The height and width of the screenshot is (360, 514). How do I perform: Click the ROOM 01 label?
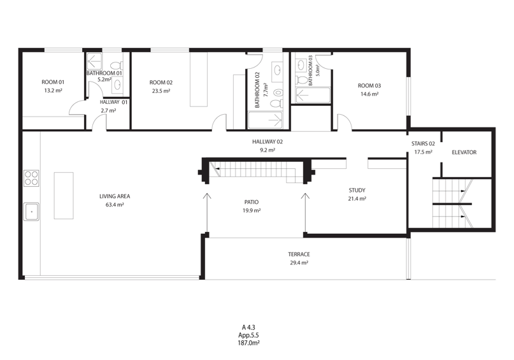point(53,82)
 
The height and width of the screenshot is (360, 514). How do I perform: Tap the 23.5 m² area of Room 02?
point(161,91)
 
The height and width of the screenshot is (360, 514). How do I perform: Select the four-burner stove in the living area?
point(31,178)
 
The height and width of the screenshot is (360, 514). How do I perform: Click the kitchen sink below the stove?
point(31,212)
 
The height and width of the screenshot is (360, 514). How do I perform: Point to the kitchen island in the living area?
point(64,196)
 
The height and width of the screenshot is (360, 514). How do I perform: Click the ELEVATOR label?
point(464,152)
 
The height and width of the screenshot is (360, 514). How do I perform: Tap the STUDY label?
point(357,190)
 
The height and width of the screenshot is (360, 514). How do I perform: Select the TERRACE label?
point(299,254)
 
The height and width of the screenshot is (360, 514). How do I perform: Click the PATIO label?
point(252,202)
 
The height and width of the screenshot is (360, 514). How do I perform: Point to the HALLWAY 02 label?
point(268,141)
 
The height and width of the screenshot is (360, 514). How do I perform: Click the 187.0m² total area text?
point(249,343)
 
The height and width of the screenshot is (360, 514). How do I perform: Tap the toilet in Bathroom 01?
point(115,65)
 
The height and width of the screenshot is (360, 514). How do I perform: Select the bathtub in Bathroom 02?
point(265,120)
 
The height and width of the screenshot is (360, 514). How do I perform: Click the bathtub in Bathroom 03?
point(313,95)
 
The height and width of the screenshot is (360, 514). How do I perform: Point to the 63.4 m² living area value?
point(115,205)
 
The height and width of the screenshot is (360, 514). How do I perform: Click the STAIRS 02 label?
point(423,143)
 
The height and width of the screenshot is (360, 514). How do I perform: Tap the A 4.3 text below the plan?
point(248,328)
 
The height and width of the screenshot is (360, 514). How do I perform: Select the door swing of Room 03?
point(345,122)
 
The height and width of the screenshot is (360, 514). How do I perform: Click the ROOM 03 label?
point(369,85)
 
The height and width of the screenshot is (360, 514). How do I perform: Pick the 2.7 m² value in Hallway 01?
point(108,110)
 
